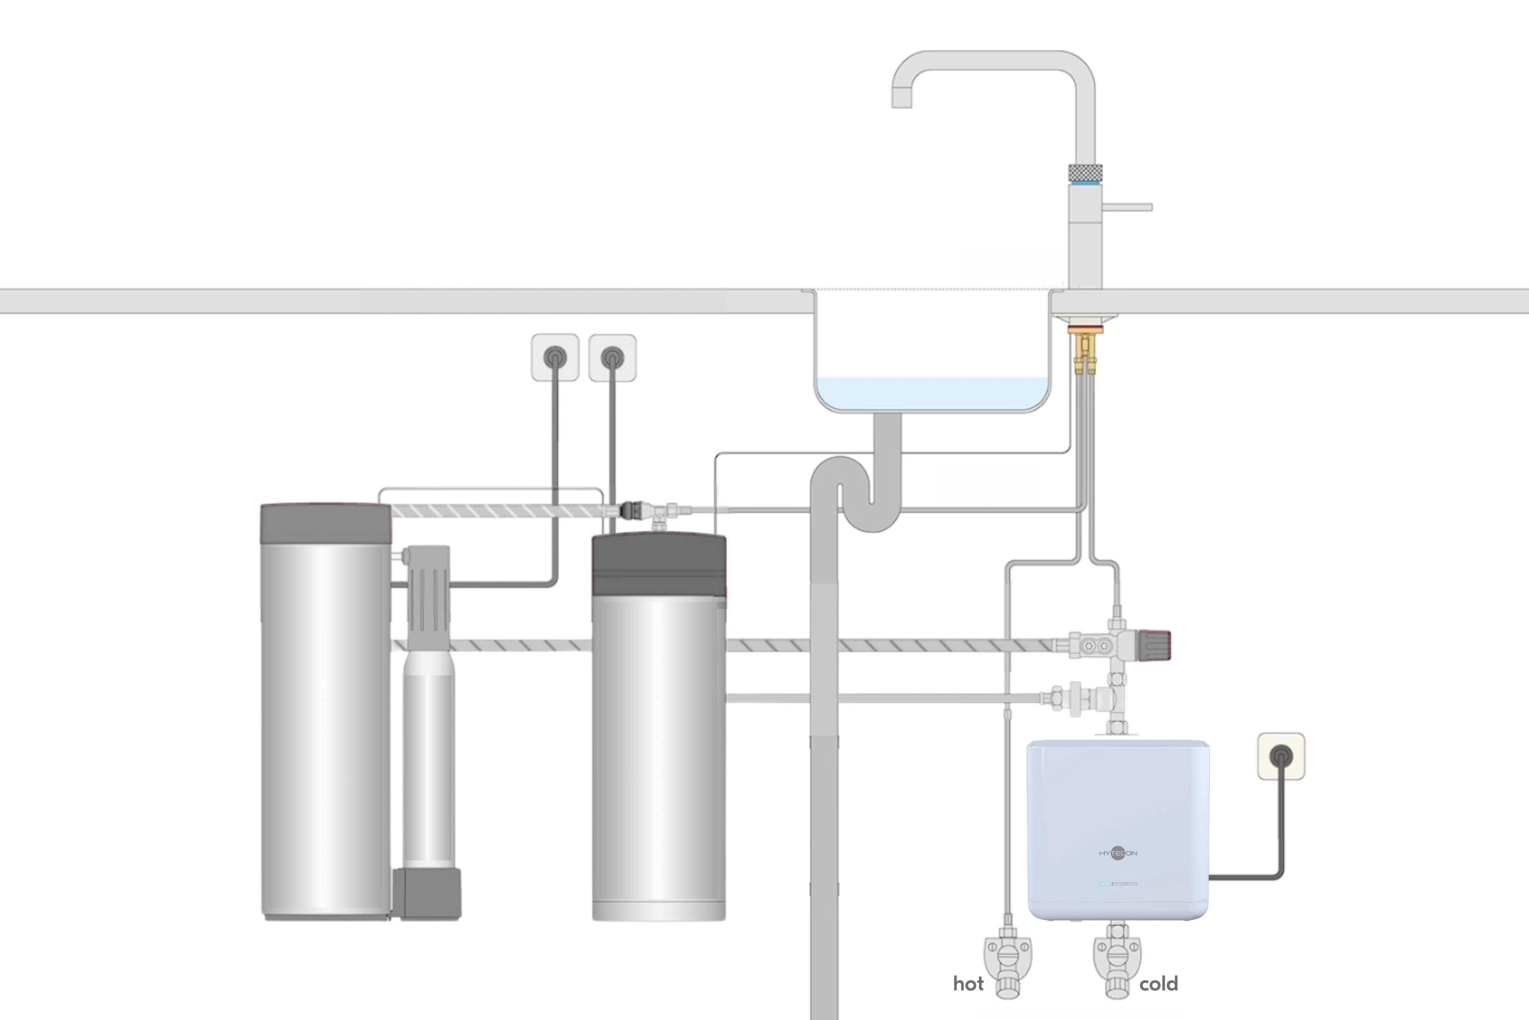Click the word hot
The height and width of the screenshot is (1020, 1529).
(968, 984)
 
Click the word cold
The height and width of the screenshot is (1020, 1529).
(1158, 984)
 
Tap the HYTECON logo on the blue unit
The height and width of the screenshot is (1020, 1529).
(1118, 853)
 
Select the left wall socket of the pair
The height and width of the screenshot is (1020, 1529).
(555, 357)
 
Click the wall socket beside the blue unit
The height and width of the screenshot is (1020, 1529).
(1281, 756)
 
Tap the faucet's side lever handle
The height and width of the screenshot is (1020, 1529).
(1128, 208)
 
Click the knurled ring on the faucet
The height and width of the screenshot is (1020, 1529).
(1085, 173)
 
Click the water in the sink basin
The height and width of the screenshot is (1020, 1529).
(932, 392)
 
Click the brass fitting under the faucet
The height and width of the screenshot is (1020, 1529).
(1085, 350)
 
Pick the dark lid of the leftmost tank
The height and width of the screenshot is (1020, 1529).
(326, 524)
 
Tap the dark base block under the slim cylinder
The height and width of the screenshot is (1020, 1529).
(427, 894)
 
